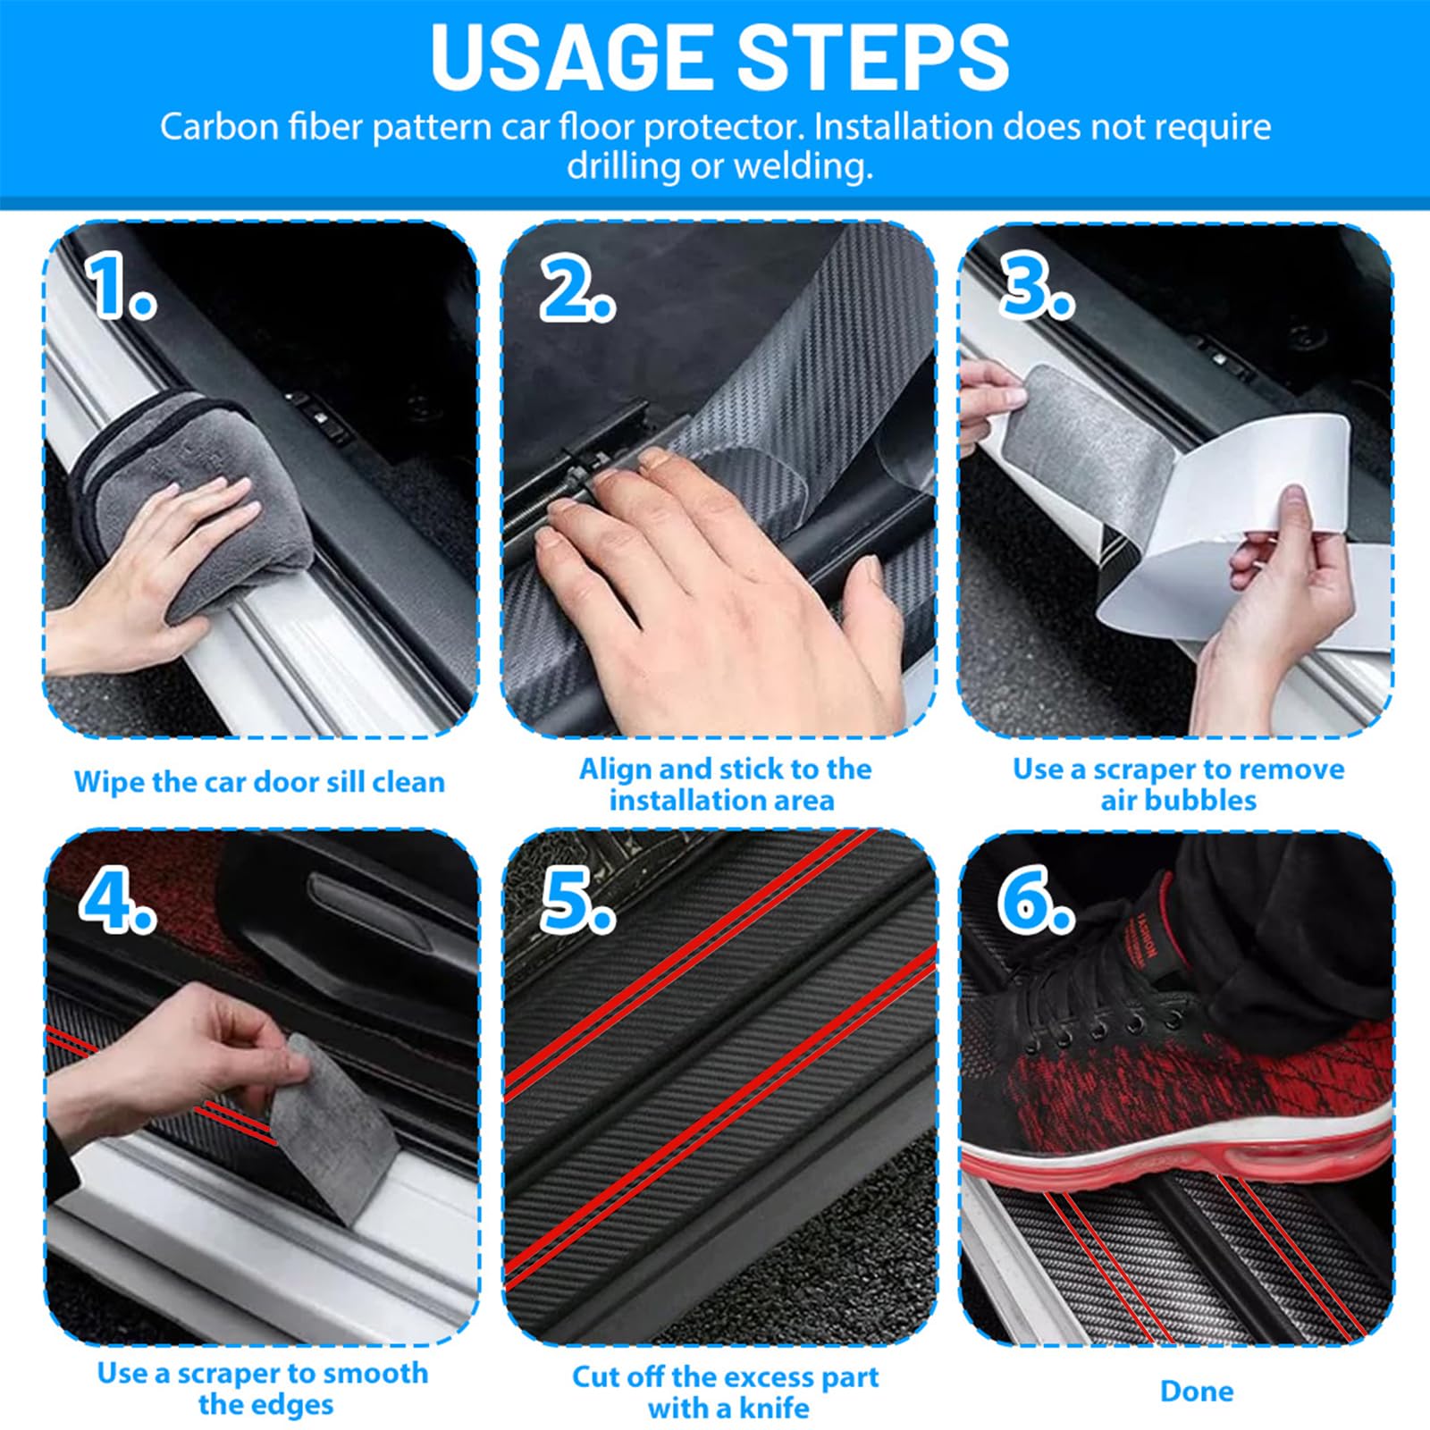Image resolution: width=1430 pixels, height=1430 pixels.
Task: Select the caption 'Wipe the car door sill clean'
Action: (259, 782)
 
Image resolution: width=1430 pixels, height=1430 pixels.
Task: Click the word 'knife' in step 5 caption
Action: (773, 1409)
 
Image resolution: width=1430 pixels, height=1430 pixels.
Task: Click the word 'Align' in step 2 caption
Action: (615, 770)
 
